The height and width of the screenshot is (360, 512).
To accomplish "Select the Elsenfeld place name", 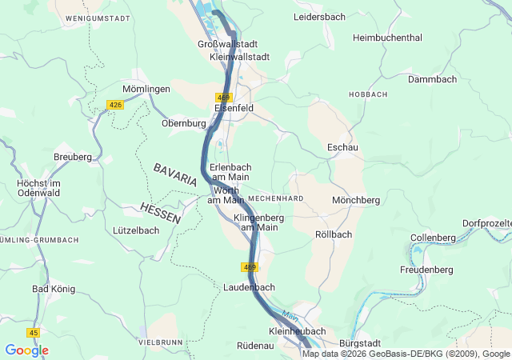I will [234, 107].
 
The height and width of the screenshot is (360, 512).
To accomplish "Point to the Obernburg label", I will [184, 123].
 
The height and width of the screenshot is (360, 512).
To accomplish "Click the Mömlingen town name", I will [146, 89].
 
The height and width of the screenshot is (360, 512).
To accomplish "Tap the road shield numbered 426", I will [115, 105].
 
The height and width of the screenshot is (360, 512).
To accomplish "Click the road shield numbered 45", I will [33, 332].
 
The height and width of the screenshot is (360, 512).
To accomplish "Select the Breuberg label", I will [73, 157].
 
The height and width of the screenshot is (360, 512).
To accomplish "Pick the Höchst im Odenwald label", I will [39, 189].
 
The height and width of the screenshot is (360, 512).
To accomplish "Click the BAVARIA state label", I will [174, 174].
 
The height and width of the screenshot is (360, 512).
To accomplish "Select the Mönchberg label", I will [356, 200].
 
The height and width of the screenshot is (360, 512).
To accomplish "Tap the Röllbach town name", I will [334, 234].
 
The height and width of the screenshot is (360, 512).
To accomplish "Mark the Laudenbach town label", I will [250, 287].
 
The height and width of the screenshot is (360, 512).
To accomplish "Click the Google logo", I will [26, 350].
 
